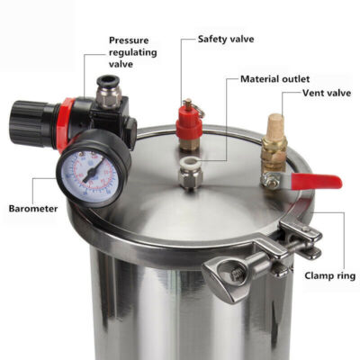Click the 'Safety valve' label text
227,40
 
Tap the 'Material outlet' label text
276,78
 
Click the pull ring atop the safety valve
188,103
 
